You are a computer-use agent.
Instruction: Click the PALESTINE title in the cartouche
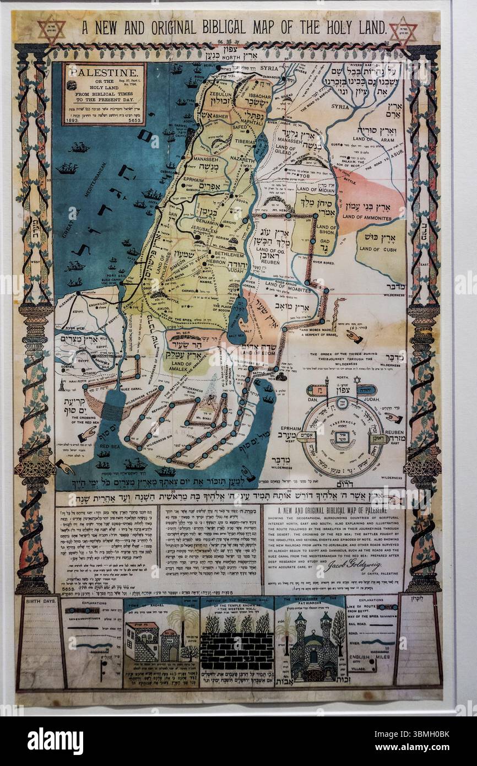[x=104, y=73]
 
